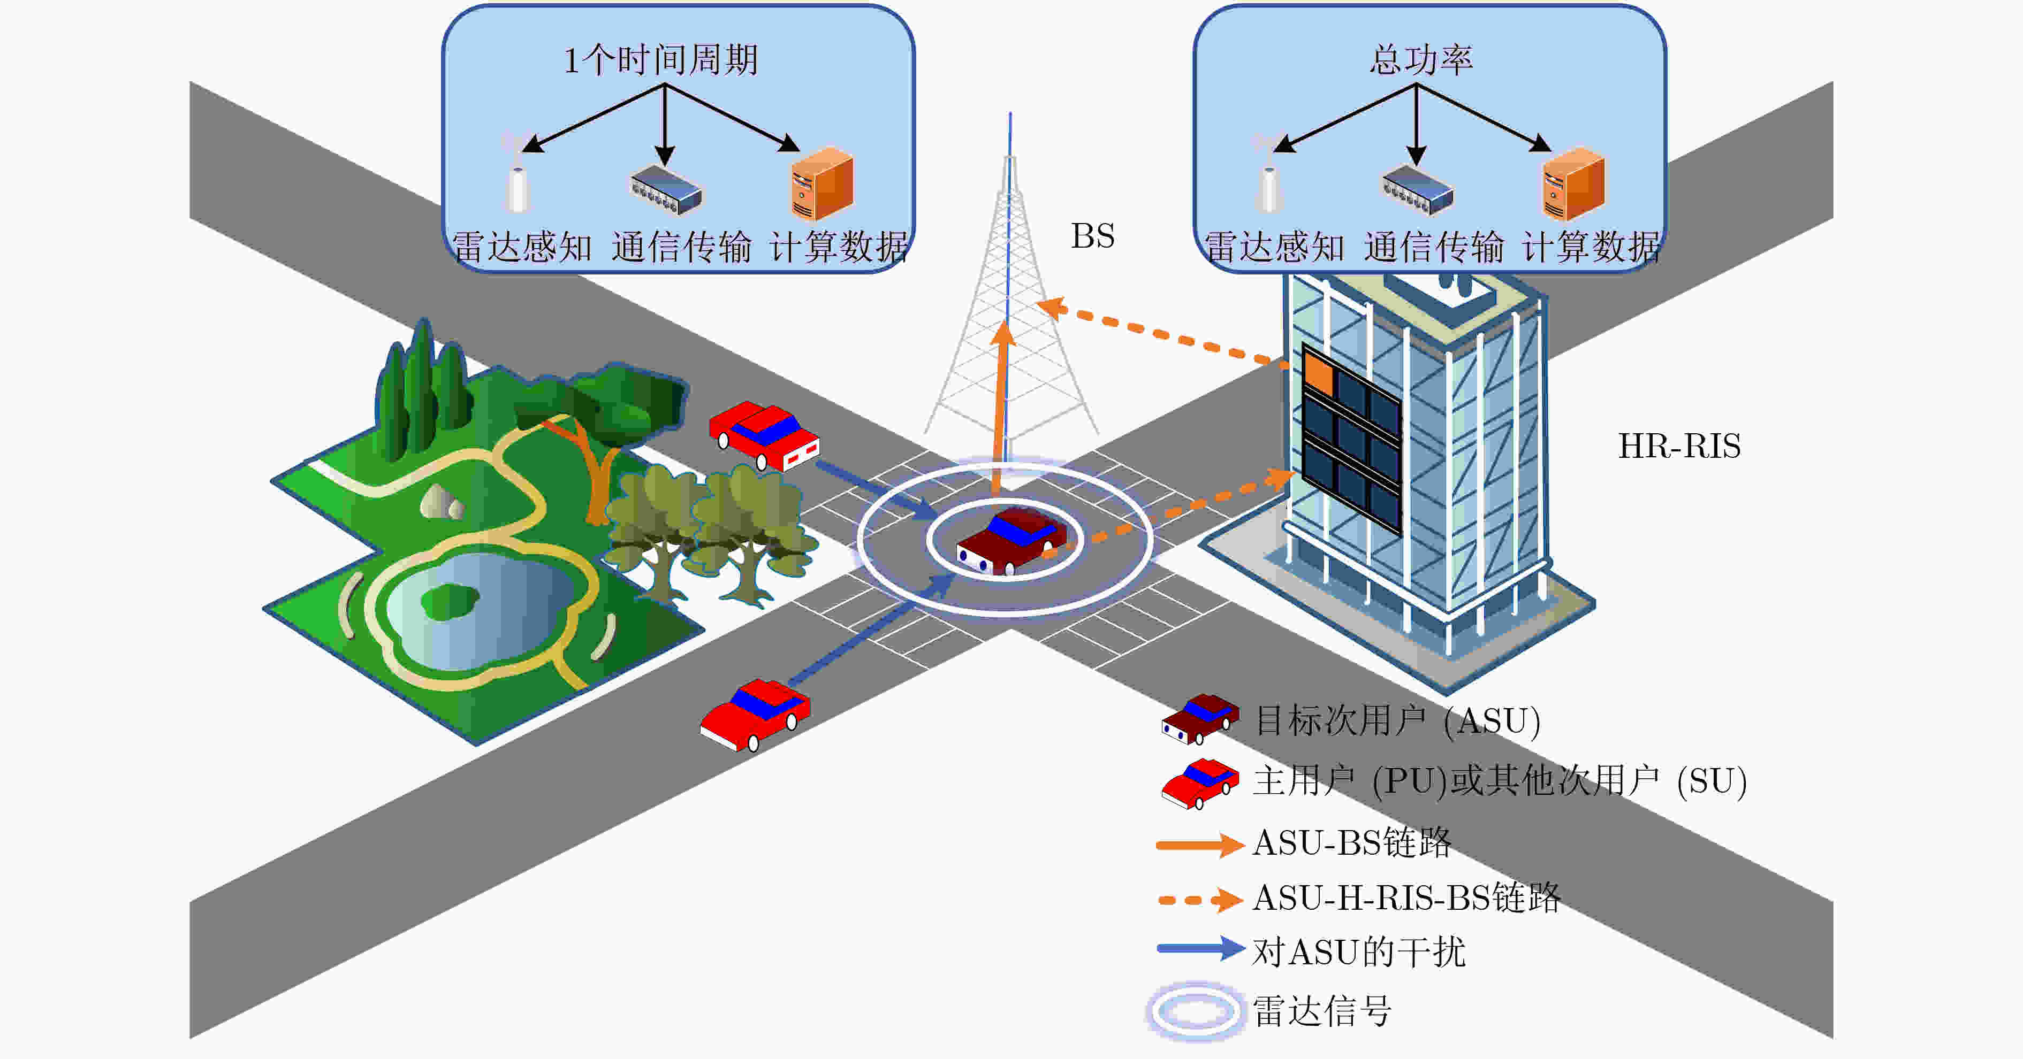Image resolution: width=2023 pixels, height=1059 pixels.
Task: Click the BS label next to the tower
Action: coord(1092,235)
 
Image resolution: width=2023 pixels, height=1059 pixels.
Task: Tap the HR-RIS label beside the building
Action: coord(1679,446)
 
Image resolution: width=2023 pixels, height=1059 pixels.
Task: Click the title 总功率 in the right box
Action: coord(1421,60)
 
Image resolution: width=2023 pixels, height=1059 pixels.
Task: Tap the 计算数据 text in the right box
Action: coord(1591,247)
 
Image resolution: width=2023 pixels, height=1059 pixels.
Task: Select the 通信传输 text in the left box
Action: coord(681,247)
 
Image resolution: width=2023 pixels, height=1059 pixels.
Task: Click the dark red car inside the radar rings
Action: coord(1011,540)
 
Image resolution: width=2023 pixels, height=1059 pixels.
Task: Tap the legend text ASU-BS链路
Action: coord(1352,843)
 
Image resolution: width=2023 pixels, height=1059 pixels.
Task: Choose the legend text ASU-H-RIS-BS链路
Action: coord(1406,897)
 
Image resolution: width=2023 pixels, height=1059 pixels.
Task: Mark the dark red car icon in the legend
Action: coord(1200,718)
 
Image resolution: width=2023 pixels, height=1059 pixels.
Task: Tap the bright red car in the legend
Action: coord(1200,782)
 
